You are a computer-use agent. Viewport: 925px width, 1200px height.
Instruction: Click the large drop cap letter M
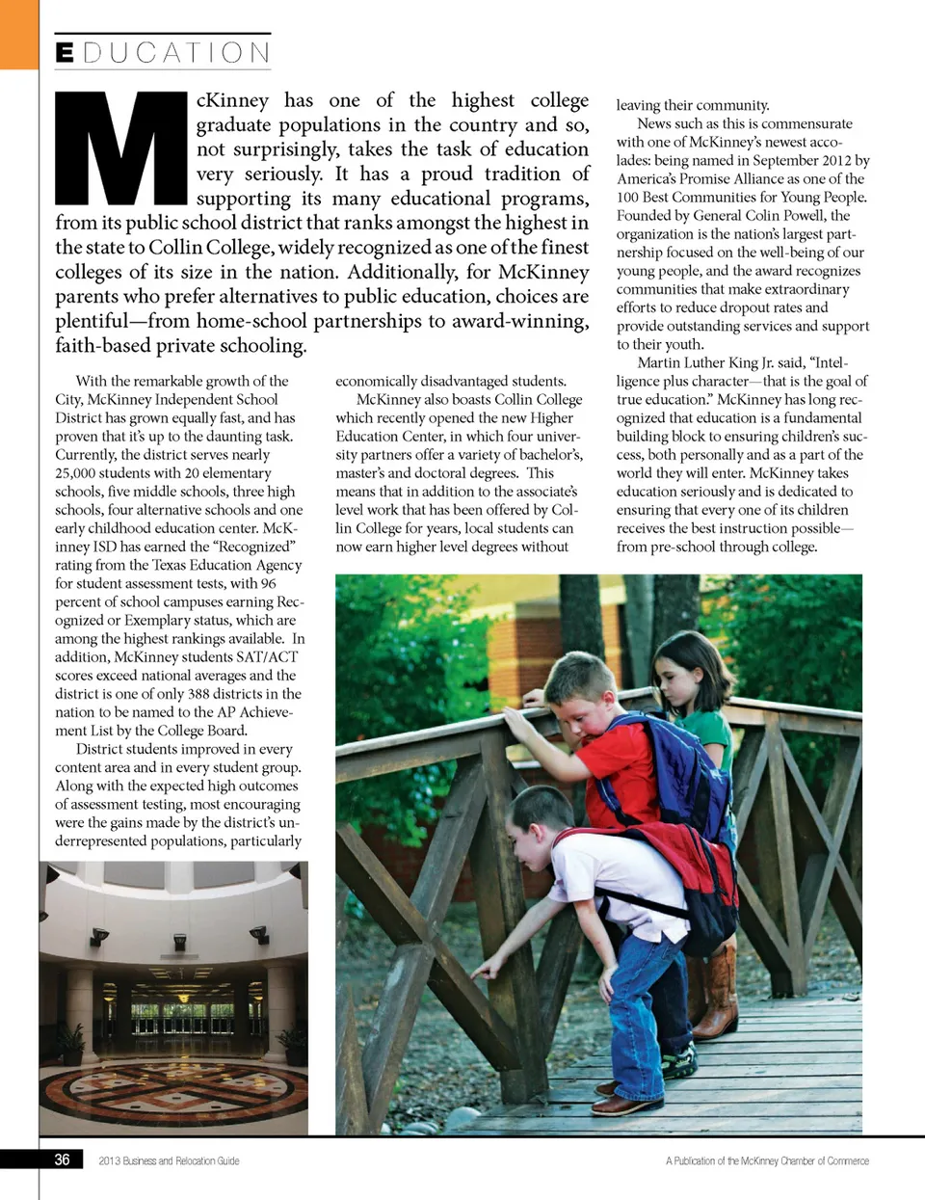pyautogui.click(x=120, y=149)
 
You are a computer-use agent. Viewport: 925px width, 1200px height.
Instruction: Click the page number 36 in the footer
pyautogui.click(x=62, y=1160)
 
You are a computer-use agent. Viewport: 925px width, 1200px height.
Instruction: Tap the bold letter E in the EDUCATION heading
pyautogui.click(x=65, y=52)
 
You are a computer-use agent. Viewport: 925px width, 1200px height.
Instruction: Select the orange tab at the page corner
pyautogui.click(x=18, y=34)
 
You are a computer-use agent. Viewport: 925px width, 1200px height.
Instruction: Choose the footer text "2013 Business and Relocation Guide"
pyautogui.click(x=169, y=1160)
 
